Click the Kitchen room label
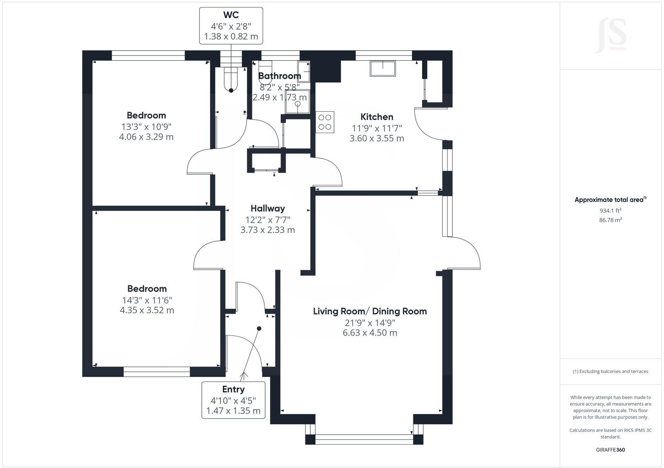coord(376,117)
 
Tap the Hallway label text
coord(268,208)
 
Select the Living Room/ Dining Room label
coord(370,311)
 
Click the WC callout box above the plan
coord(231,26)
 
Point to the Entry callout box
coord(233,400)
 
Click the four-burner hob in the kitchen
coord(325,122)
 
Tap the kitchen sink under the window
coord(383,68)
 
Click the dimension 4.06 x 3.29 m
coord(146,137)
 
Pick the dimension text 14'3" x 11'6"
coord(147,300)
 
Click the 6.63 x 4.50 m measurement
coord(370,333)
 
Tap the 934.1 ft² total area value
coord(610,210)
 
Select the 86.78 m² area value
coord(610,220)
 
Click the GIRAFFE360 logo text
coord(610,450)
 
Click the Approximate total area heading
coord(610,200)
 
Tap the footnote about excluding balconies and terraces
coord(610,371)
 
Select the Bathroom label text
coord(279,76)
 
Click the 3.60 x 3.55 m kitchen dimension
coord(376,139)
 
